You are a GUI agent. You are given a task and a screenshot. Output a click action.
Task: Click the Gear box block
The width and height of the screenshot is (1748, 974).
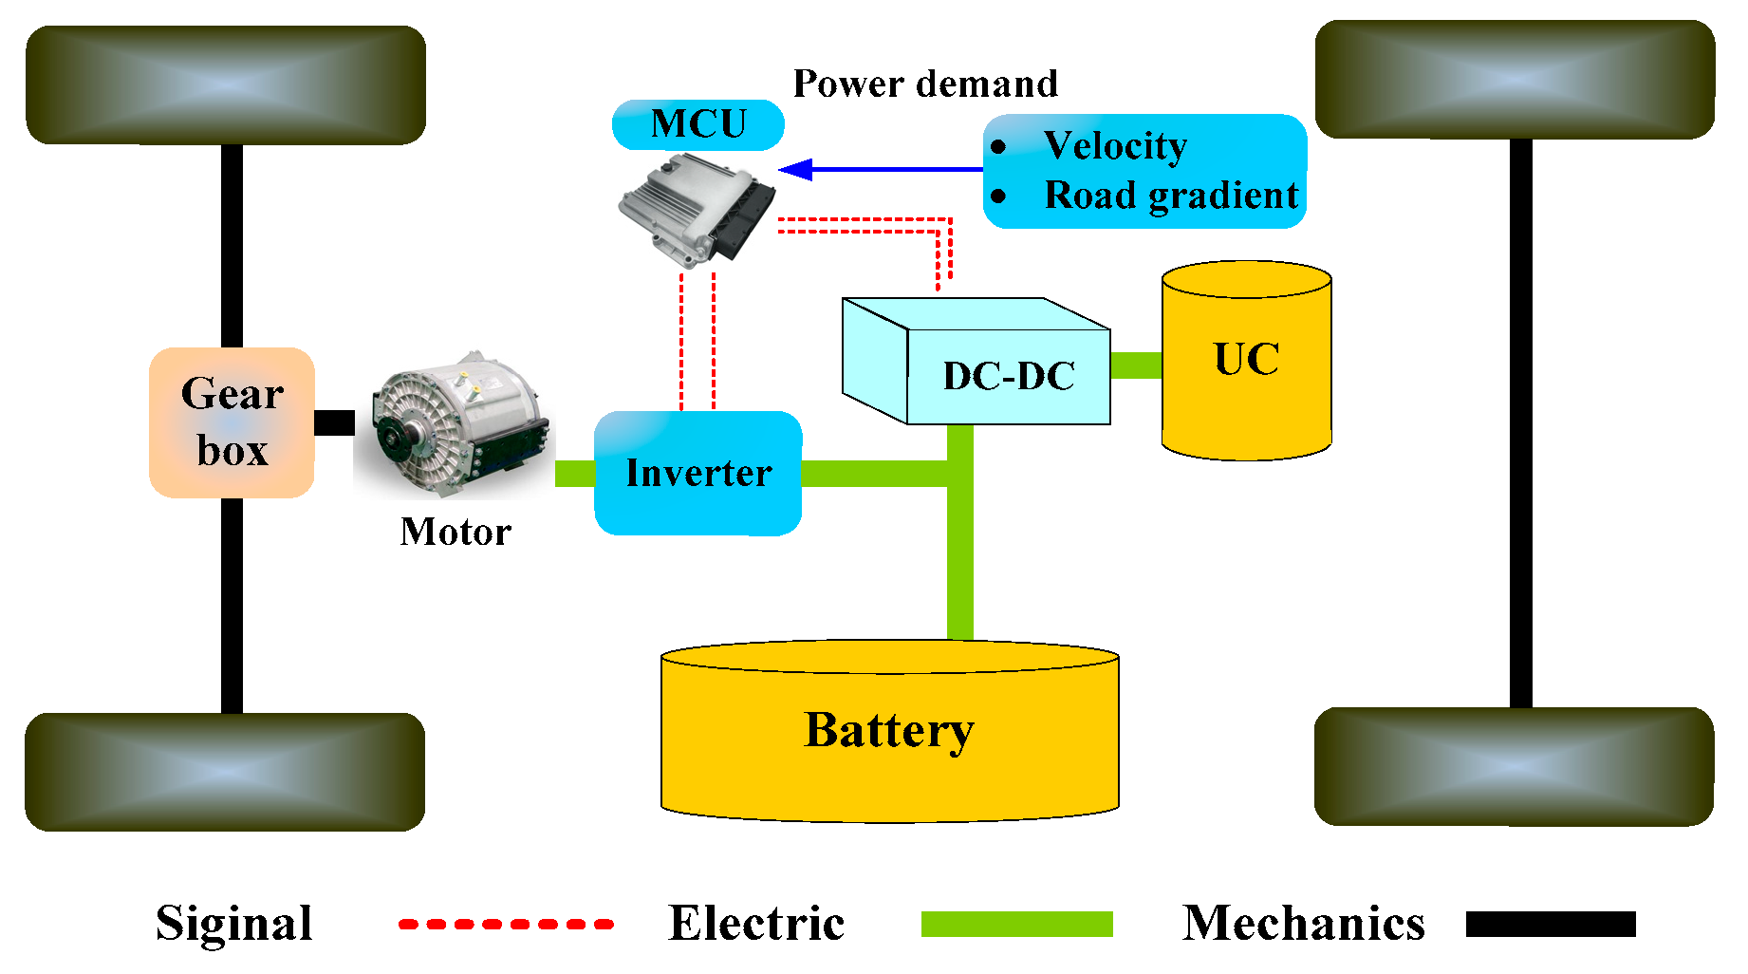(232, 422)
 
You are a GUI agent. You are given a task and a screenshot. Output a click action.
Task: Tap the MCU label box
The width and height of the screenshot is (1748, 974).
(697, 124)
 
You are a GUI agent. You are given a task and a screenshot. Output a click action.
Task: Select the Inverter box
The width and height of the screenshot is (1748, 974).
(698, 473)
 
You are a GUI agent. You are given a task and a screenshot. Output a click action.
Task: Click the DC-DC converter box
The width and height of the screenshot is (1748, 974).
(1008, 376)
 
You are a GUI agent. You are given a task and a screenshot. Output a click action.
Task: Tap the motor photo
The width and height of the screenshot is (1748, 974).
(454, 427)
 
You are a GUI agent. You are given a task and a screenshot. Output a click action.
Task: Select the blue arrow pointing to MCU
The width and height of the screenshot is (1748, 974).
(883, 170)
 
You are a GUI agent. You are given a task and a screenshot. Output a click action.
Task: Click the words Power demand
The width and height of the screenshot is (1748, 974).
(925, 84)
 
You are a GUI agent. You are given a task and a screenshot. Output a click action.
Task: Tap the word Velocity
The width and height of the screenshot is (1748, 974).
(1115, 145)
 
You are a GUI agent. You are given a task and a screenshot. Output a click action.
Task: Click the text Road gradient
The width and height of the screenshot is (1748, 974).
(1171, 196)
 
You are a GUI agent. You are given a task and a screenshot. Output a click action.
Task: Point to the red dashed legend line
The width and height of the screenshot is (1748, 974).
(506, 924)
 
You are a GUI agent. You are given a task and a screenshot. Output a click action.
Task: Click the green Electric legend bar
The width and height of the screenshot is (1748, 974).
(1016, 924)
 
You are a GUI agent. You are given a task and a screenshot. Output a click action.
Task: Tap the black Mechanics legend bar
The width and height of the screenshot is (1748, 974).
(1551, 924)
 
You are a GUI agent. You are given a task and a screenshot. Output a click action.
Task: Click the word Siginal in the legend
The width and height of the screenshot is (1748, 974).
(234, 923)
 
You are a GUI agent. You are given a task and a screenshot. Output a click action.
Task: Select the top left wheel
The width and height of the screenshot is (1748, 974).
(226, 85)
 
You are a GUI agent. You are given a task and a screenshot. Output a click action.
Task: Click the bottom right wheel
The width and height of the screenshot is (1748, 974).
(1514, 766)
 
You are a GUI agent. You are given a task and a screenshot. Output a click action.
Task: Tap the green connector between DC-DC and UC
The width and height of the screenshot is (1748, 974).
(1136, 365)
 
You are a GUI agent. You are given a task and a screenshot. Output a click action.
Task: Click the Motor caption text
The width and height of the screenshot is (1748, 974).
(456, 532)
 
